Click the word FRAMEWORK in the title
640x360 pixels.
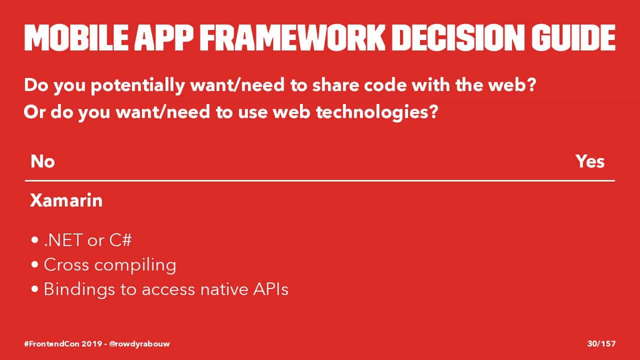tap(292, 37)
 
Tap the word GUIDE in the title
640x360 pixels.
tap(573, 37)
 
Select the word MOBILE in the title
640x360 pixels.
tap(76, 37)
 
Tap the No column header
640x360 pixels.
tap(42, 161)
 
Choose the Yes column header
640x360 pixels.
tap(590, 161)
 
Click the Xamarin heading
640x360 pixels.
tap(66, 200)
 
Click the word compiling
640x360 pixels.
tap(135, 265)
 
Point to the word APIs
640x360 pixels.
tap(270, 289)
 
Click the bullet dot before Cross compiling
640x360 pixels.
tap(35, 264)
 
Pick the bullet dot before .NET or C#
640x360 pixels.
tap(35, 240)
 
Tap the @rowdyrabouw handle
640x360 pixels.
tap(139, 344)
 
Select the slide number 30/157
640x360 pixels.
tap(601, 343)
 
